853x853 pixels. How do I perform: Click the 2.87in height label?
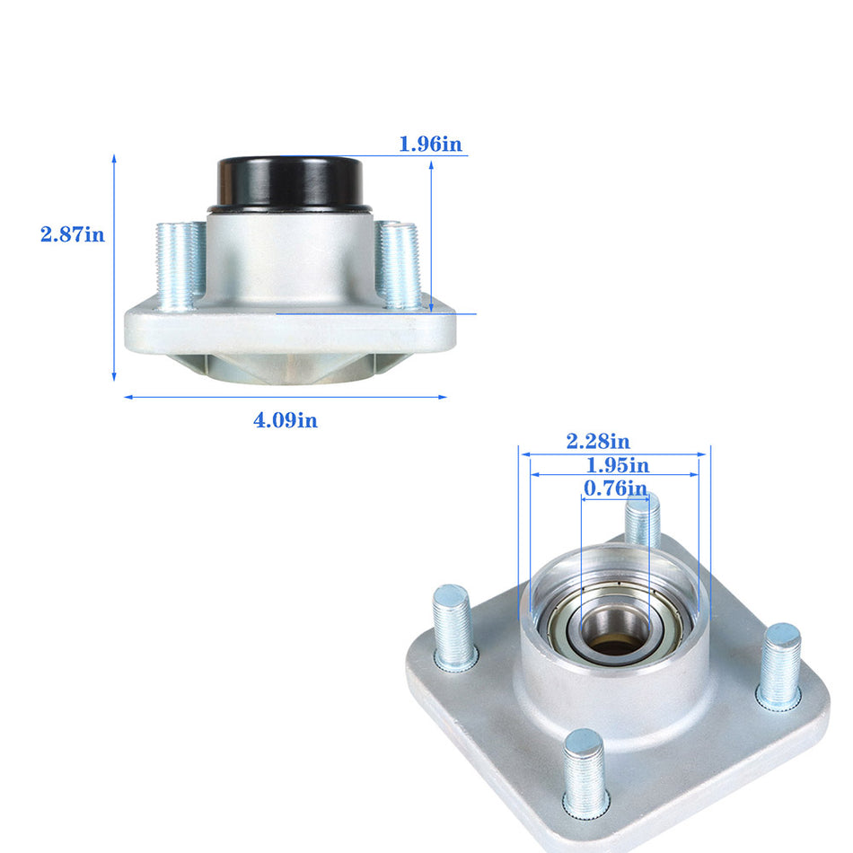tap(72, 235)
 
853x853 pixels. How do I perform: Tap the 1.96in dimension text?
tap(431, 144)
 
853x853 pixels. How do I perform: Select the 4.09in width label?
tap(285, 419)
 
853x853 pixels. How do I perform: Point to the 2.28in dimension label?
tap(597, 441)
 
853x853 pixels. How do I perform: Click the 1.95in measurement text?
tap(617, 465)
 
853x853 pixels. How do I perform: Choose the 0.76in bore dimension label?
tap(614, 488)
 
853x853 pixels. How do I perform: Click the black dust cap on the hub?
tap(288, 181)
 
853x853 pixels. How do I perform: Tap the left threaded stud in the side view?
tap(179, 266)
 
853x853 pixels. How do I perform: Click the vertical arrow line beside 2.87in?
tap(115, 269)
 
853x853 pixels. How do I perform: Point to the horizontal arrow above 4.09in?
tap(285, 397)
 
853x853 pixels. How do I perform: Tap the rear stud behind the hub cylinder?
tap(642, 519)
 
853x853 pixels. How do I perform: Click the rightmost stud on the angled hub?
tap(779, 664)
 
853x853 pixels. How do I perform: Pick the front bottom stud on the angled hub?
tap(585, 773)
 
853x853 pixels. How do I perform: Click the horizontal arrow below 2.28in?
tap(614, 453)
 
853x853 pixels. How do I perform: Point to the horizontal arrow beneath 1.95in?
tap(614, 476)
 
